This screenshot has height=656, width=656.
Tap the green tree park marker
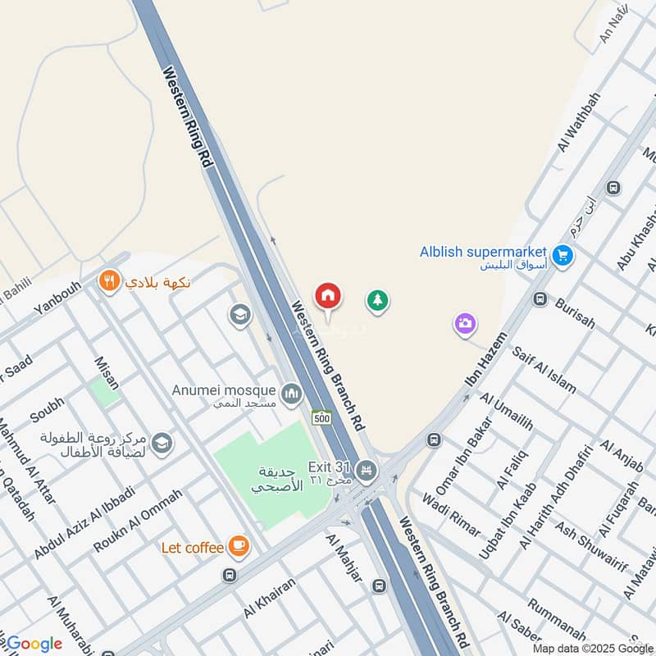[x=377, y=301]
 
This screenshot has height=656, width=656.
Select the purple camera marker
[x=465, y=324]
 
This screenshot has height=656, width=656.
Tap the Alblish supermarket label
[x=483, y=252]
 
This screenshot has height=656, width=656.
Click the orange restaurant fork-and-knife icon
[x=107, y=282]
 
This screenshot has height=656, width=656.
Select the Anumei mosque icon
[x=291, y=395]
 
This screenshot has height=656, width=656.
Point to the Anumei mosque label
[x=224, y=390]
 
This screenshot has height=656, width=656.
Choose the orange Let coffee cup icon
[x=239, y=545]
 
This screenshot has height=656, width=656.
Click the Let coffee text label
[x=192, y=547]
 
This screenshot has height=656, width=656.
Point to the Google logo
[x=34, y=644]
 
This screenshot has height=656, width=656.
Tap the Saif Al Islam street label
[x=544, y=370]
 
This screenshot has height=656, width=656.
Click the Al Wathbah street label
[x=578, y=121]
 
